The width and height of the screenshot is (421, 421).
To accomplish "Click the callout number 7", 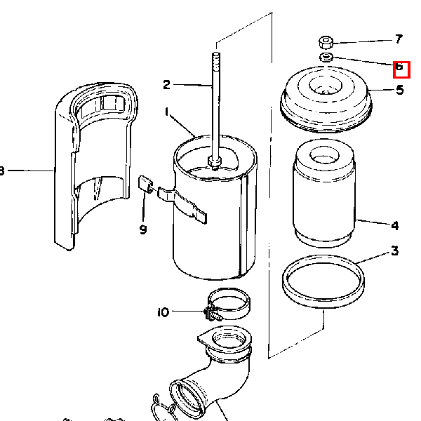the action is (x=399, y=39).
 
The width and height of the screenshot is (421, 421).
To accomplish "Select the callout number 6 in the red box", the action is (x=399, y=66).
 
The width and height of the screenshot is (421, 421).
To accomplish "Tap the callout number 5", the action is (x=400, y=90).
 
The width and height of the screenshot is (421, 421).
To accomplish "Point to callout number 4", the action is (x=394, y=225).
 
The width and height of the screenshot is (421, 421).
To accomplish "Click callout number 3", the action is (x=394, y=250).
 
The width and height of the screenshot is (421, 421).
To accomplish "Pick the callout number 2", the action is (x=166, y=85).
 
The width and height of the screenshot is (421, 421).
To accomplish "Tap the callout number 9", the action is (x=143, y=229).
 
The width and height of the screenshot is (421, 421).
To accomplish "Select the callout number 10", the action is (x=163, y=312).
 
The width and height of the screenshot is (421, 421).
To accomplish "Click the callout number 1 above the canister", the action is (x=167, y=112).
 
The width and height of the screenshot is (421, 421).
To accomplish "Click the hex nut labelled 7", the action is (x=326, y=42).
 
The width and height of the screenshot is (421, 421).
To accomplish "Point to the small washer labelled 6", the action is (x=326, y=57).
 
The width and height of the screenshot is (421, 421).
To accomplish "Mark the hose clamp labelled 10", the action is (x=229, y=305).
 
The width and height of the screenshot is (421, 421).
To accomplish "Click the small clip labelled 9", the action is (x=146, y=184).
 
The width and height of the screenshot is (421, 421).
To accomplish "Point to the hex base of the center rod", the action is (x=215, y=163).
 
